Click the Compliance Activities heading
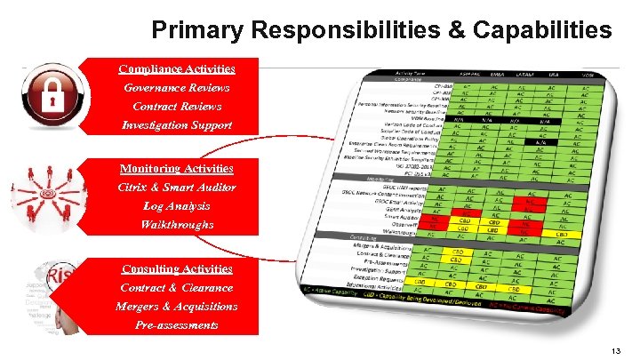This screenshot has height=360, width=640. [177, 68]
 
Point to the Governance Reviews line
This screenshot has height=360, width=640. [177, 87]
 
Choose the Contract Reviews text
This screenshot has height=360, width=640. [177, 106]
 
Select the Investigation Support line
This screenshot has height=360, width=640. [177, 124]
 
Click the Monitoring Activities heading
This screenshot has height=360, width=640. [177, 168]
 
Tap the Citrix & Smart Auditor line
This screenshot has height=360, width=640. [177, 187]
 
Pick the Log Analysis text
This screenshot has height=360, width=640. [177, 205]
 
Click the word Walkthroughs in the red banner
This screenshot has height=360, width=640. [177, 224]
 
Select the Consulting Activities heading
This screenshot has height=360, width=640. [177, 268]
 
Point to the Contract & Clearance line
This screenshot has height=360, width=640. [177, 287]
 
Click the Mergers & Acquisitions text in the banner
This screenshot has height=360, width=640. [177, 306]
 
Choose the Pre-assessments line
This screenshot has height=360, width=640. [177, 324]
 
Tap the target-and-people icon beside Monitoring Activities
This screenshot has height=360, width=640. [47, 196]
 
